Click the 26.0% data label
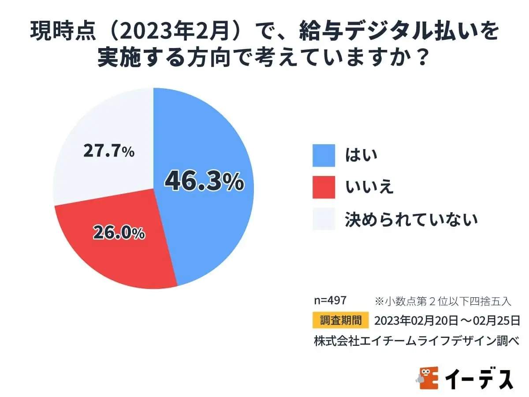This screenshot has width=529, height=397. pos(119,232)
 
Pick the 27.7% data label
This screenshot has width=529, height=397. pos(108,151)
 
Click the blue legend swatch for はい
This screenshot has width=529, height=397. pos(324,155)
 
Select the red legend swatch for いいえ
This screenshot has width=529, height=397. pos(324,187)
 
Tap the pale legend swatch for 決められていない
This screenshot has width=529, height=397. pos(324,219)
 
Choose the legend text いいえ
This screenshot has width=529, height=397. pos(369,187)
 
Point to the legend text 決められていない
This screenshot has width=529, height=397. pos(411,219)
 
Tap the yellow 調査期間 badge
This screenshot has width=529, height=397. pos(340,320)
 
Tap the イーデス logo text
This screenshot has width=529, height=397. pos(479,378)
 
